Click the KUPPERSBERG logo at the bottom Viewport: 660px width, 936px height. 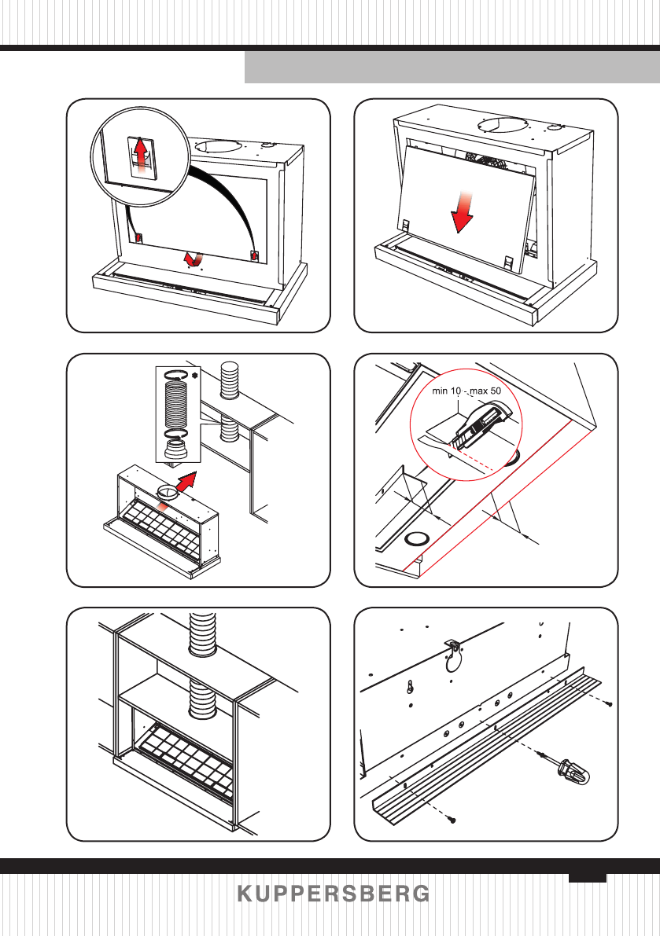click(334, 894)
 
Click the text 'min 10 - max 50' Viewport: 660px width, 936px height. click(466, 391)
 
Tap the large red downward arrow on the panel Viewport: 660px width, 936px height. click(463, 212)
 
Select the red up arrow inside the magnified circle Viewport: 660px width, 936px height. click(140, 155)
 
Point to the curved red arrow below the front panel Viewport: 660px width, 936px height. click(193, 259)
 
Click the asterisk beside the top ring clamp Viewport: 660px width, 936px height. click(194, 375)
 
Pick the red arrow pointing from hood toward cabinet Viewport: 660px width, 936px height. click(185, 480)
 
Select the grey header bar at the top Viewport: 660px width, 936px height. click(452, 67)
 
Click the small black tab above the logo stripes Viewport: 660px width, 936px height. click(587, 878)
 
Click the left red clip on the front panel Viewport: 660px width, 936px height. click(139, 237)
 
